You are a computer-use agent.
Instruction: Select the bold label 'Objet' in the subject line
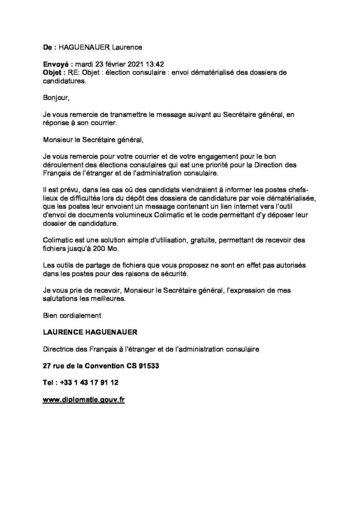(x=52, y=73)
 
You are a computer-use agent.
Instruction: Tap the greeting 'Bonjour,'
(x=56, y=98)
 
